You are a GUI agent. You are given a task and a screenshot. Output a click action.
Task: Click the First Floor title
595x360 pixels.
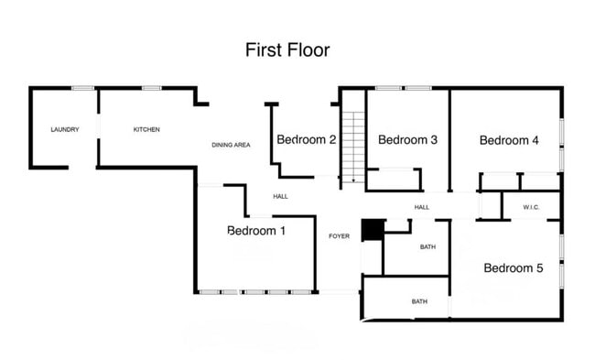(287, 49)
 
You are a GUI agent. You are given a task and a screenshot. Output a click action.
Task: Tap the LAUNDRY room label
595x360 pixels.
(64, 130)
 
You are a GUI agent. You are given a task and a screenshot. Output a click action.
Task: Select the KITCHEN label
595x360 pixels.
(146, 130)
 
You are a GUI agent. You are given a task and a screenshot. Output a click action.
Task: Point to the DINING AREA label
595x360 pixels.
(231, 145)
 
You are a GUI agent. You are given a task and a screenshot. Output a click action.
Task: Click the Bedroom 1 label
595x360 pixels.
(256, 231)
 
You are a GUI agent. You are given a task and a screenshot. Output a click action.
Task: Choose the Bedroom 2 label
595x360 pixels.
(307, 140)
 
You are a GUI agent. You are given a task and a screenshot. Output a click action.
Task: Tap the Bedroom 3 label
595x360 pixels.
(407, 140)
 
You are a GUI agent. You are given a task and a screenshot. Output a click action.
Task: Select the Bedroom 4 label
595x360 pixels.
(509, 140)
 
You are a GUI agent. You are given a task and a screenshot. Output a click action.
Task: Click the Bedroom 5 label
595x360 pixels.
(514, 268)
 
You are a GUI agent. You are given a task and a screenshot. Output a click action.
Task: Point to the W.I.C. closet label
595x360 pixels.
(532, 208)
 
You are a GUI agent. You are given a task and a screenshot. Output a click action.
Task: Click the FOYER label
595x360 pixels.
(339, 236)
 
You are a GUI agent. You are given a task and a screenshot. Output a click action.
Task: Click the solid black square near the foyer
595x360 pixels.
(372, 231)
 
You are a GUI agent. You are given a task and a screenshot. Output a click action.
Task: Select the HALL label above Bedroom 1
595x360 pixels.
(280, 196)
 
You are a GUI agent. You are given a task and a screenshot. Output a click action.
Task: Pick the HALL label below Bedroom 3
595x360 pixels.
(421, 208)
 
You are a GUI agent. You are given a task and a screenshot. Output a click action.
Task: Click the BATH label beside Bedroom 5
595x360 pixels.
(427, 247)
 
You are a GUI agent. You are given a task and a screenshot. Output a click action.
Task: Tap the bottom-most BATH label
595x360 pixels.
(419, 301)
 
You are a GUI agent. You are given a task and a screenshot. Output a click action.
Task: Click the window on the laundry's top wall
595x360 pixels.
(83, 88)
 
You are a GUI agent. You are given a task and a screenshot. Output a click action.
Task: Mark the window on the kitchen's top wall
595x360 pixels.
(151, 88)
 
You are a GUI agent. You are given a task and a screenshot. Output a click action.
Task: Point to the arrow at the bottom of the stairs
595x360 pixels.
(353, 180)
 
